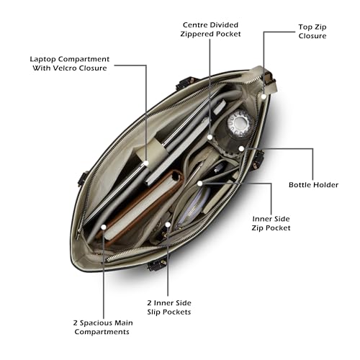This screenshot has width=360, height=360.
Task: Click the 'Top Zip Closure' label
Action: [312, 32]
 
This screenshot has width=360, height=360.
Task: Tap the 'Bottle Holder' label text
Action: [313, 185]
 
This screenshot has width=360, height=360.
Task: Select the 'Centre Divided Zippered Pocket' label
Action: [210, 30]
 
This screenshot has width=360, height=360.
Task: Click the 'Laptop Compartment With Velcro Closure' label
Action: [70, 63]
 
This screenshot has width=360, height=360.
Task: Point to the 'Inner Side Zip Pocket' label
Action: [271, 223]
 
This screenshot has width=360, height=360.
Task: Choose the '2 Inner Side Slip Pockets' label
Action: [169, 307]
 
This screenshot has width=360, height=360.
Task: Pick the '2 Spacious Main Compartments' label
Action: [103, 327]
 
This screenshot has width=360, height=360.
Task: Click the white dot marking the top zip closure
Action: [264, 96]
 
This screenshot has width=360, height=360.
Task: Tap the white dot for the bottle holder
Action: [241, 149]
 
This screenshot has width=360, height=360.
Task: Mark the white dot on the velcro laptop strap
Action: [146, 163]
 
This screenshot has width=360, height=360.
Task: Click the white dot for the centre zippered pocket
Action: [210, 138]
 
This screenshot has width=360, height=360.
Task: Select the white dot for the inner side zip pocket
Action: [199, 184]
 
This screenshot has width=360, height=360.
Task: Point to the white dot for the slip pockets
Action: [168, 225]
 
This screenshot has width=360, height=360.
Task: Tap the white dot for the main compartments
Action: [104, 227]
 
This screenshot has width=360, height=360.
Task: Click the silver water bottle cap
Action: [240, 123]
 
